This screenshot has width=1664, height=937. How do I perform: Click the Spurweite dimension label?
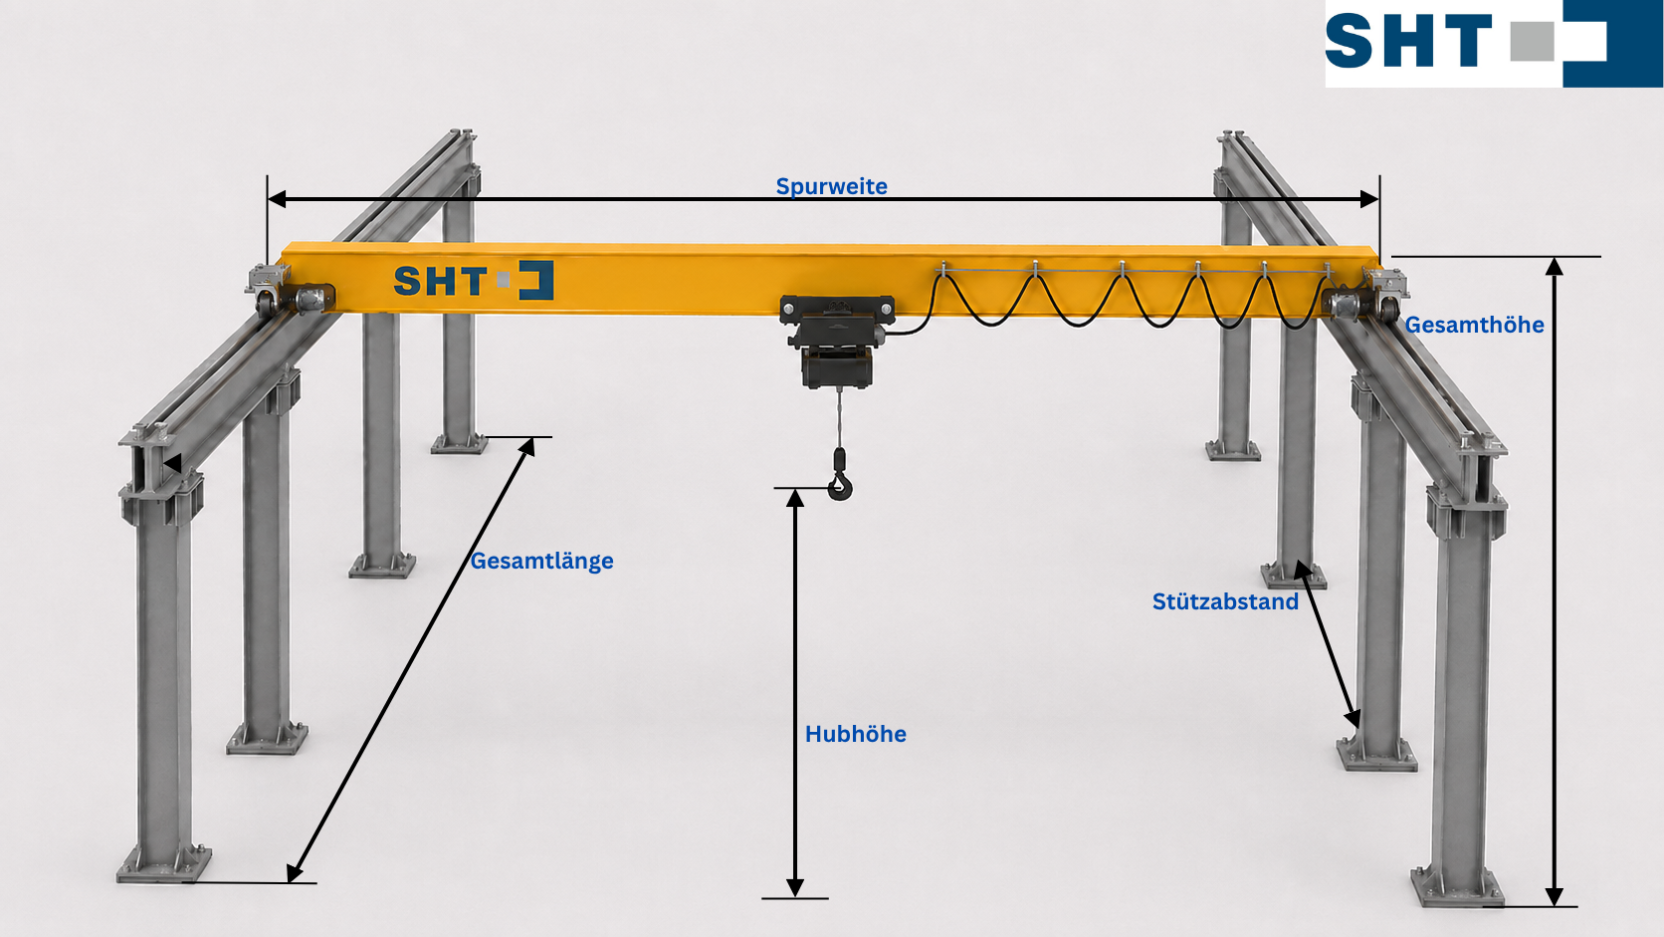pyautogui.click(x=831, y=186)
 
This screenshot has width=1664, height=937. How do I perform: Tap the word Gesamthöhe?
pyautogui.click(x=1474, y=325)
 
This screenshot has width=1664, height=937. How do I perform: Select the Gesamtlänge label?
pyautogui.click(x=541, y=561)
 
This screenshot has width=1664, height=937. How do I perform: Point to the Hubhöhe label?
pyautogui.click(x=856, y=734)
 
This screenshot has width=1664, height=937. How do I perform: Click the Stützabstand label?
pyautogui.click(x=1225, y=601)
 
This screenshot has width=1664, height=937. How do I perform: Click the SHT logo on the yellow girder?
pyautogui.click(x=473, y=280)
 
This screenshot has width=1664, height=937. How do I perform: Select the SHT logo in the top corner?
pyautogui.click(x=1494, y=43)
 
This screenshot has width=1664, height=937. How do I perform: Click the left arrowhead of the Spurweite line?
pyautogui.click(x=277, y=198)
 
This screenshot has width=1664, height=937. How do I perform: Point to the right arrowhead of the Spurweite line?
pyautogui.click(x=1369, y=198)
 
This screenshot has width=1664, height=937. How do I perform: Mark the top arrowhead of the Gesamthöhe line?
pyautogui.click(x=1555, y=266)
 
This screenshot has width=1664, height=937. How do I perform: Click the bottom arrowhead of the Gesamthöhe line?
pyautogui.click(x=1555, y=897)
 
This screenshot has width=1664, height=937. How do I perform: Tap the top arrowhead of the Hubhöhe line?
pyautogui.click(x=795, y=498)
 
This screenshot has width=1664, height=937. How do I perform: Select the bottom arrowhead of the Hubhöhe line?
pyautogui.click(x=795, y=888)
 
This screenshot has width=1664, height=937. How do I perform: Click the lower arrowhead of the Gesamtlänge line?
pyautogui.click(x=295, y=873)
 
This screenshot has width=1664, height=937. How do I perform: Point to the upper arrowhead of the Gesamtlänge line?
pyautogui.click(x=527, y=446)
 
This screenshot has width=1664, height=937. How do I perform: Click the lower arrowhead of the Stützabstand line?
pyautogui.click(x=1353, y=719)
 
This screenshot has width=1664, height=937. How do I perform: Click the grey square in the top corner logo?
pyautogui.click(x=1532, y=42)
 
